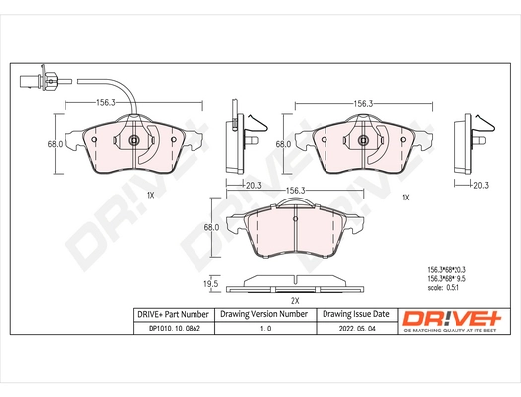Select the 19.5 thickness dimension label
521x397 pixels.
click(210, 283)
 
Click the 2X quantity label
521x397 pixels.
click(294, 299)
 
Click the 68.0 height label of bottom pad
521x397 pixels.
click(210, 227)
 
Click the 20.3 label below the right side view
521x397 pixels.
click(480, 184)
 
